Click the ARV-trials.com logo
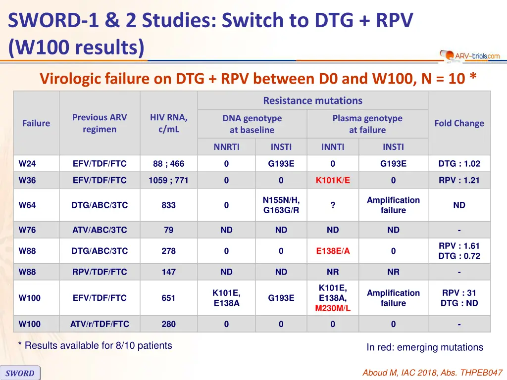click(x=470, y=56)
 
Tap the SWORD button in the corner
click(x=20, y=373)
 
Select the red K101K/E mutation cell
click(x=333, y=180)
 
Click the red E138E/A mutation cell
click(x=333, y=251)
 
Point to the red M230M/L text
click(x=333, y=308)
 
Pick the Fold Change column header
click(x=459, y=123)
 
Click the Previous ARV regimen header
click(x=100, y=123)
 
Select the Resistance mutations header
click(x=312, y=100)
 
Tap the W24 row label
click(x=27, y=164)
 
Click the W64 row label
click(x=27, y=205)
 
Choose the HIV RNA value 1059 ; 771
click(x=168, y=180)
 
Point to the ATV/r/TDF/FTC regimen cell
click(x=100, y=324)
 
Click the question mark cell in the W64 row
click(x=333, y=205)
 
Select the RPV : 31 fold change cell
click(x=459, y=298)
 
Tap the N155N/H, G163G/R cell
click(x=281, y=205)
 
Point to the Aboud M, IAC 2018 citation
click(x=433, y=373)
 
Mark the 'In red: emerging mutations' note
click(x=424, y=347)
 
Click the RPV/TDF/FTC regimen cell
click(x=100, y=272)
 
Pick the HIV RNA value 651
click(x=168, y=298)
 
